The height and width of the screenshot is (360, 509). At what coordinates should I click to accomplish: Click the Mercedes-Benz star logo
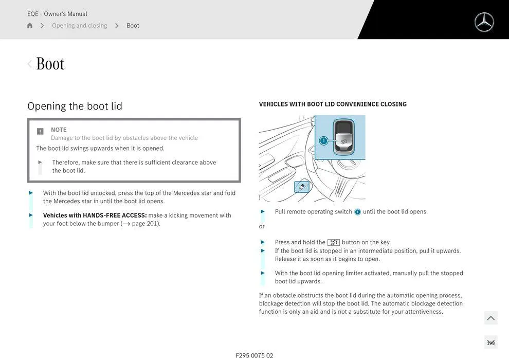click(x=484, y=22)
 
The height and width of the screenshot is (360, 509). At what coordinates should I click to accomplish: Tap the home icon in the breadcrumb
click(x=30, y=26)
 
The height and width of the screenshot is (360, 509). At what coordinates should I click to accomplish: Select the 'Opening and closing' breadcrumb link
click(x=79, y=26)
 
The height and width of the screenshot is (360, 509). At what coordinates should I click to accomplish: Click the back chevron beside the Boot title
click(x=29, y=64)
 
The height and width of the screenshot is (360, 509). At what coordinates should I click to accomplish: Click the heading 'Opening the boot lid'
click(x=75, y=106)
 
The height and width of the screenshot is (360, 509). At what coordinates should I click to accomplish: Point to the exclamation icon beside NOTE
click(x=40, y=131)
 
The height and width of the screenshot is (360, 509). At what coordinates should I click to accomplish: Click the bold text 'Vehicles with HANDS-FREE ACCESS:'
click(x=95, y=215)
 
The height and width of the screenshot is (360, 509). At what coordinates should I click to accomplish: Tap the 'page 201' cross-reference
click(x=146, y=224)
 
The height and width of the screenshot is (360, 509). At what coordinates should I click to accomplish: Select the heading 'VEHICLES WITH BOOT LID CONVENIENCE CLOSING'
click(x=333, y=104)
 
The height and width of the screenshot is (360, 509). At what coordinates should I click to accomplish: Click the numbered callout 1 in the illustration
click(x=323, y=140)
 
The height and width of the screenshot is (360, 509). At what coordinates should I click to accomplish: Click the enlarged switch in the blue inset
click(x=343, y=137)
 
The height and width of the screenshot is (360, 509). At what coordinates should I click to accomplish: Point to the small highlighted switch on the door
click(x=302, y=187)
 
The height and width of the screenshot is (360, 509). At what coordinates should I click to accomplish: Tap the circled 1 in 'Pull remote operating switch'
click(x=357, y=212)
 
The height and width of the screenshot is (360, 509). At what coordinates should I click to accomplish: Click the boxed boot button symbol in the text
click(x=333, y=242)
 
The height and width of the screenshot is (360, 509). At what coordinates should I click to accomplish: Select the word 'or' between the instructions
click(x=262, y=227)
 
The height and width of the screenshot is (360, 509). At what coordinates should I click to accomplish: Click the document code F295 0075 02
click(x=254, y=355)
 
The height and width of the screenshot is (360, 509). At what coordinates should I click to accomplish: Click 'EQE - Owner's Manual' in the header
click(x=57, y=14)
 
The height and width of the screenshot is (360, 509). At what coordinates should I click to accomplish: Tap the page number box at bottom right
click(x=490, y=343)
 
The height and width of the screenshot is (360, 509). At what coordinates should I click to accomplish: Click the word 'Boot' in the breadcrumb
click(x=133, y=26)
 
